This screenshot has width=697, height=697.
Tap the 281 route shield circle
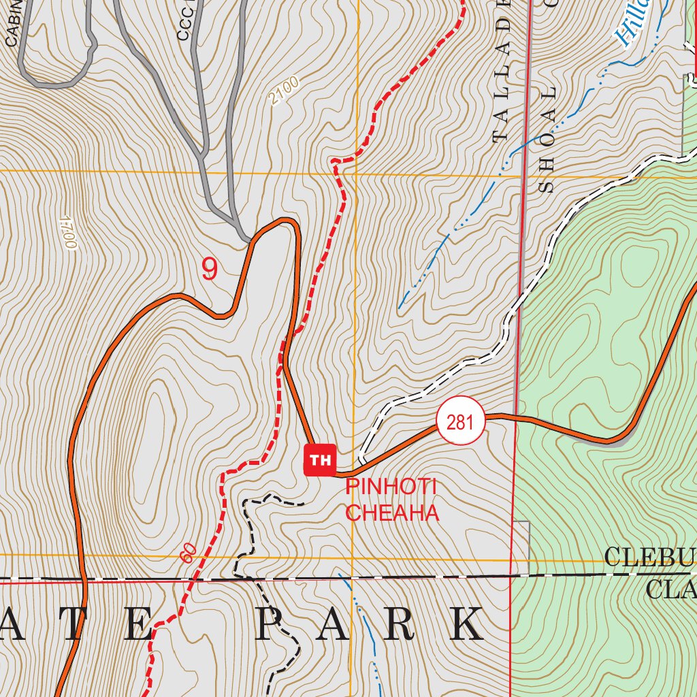click(460, 422)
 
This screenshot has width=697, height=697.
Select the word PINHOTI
click(391, 487)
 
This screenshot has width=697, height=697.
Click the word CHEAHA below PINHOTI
click(392, 513)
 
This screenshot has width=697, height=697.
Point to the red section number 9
click(210, 270)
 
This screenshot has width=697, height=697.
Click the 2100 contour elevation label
click(283, 92)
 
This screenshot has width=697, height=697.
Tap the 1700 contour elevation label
click(67, 232)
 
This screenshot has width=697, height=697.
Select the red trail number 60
click(189, 553)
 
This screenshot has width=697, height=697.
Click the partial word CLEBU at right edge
click(650, 558)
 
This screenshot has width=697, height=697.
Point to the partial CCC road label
click(186, 24)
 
